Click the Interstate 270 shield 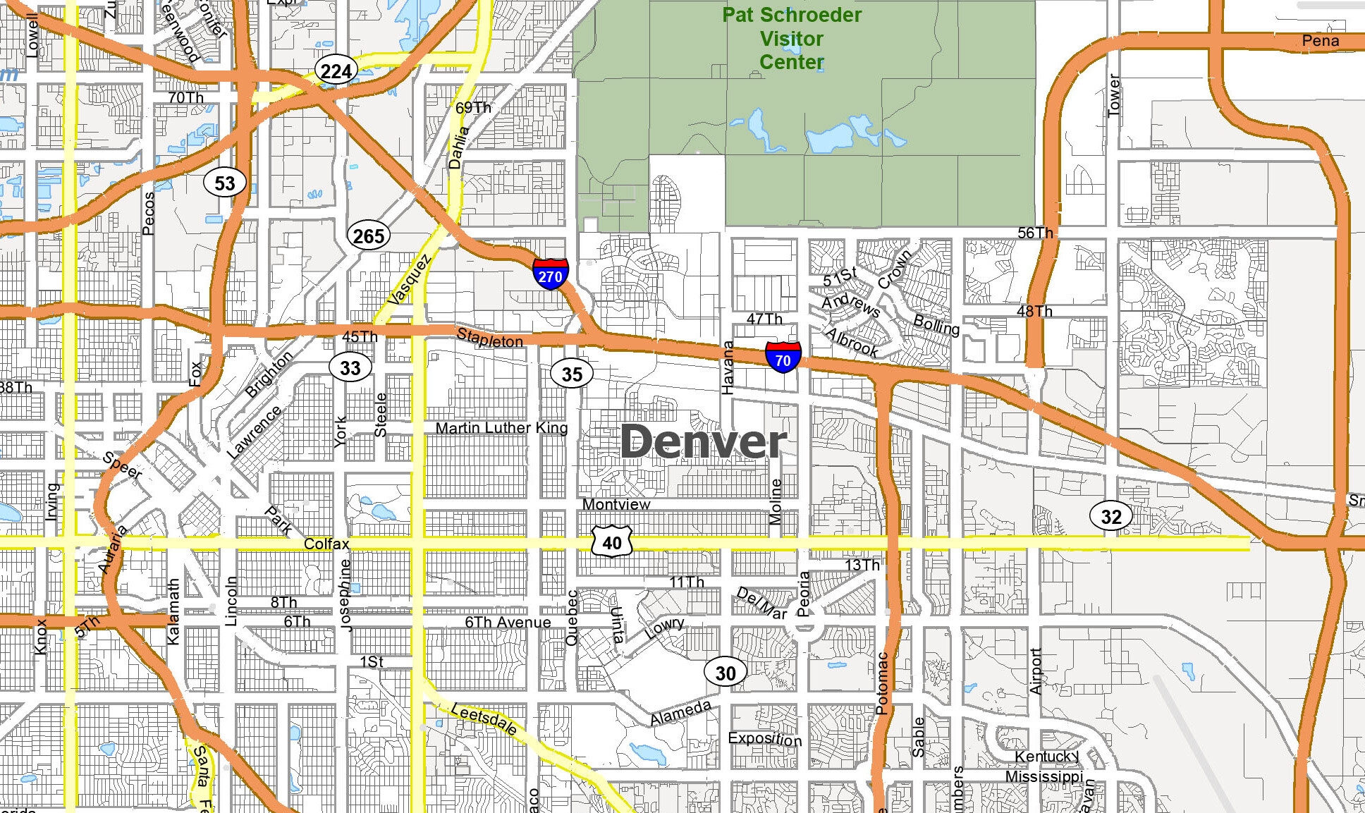pyautogui.click(x=551, y=274)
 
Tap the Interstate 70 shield pyautogui.click(x=783, y=357)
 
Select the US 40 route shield pyautogui.click(x=612, y=542)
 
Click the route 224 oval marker pyautogui.click(x=336, y=71)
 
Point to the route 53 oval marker pyautogui.click(x=225, y=183)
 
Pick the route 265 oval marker pyautogui.click(x=369, y=236)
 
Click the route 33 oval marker pyautogui.click(x=350, y=367)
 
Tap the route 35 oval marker pyautogui.click(x=572, y=374)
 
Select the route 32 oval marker pyautogui.click(x=1111, y=516)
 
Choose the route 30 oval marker pyautogui.click(x=726, y=673)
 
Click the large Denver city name pyautogui.click(x=703, y=442)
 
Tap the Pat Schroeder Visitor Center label pyautogui.click(x=792, y=39)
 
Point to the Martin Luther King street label pyautogui.click(x=501, y=428)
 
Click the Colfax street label pyautogui.click(x=326, y=544)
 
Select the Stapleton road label pyautogui.click(x=490, y=338)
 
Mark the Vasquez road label pyautogui.click(x=408, y=280)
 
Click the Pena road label pyautogui.click(x=1320, y=41)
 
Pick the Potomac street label pyautogui.click(x=882, y=683)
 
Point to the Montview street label pyautogui.click(x=616, y=504)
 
